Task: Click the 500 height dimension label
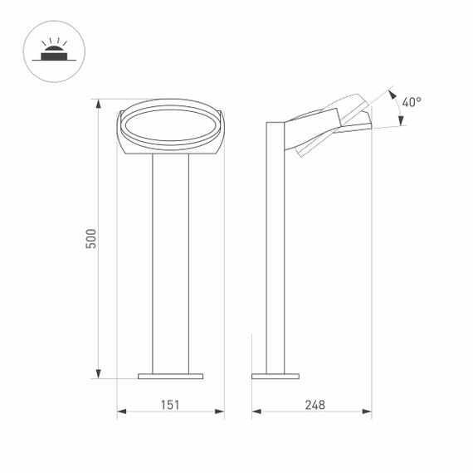[92, 238]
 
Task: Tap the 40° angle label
[412, 102]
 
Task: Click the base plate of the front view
[170, 376]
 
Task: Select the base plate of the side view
[275, 376]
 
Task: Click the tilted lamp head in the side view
[328, 124]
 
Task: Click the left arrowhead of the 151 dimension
[121, 411]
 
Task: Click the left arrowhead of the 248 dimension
[256, 411]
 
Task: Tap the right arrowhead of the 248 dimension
[367, 411]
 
